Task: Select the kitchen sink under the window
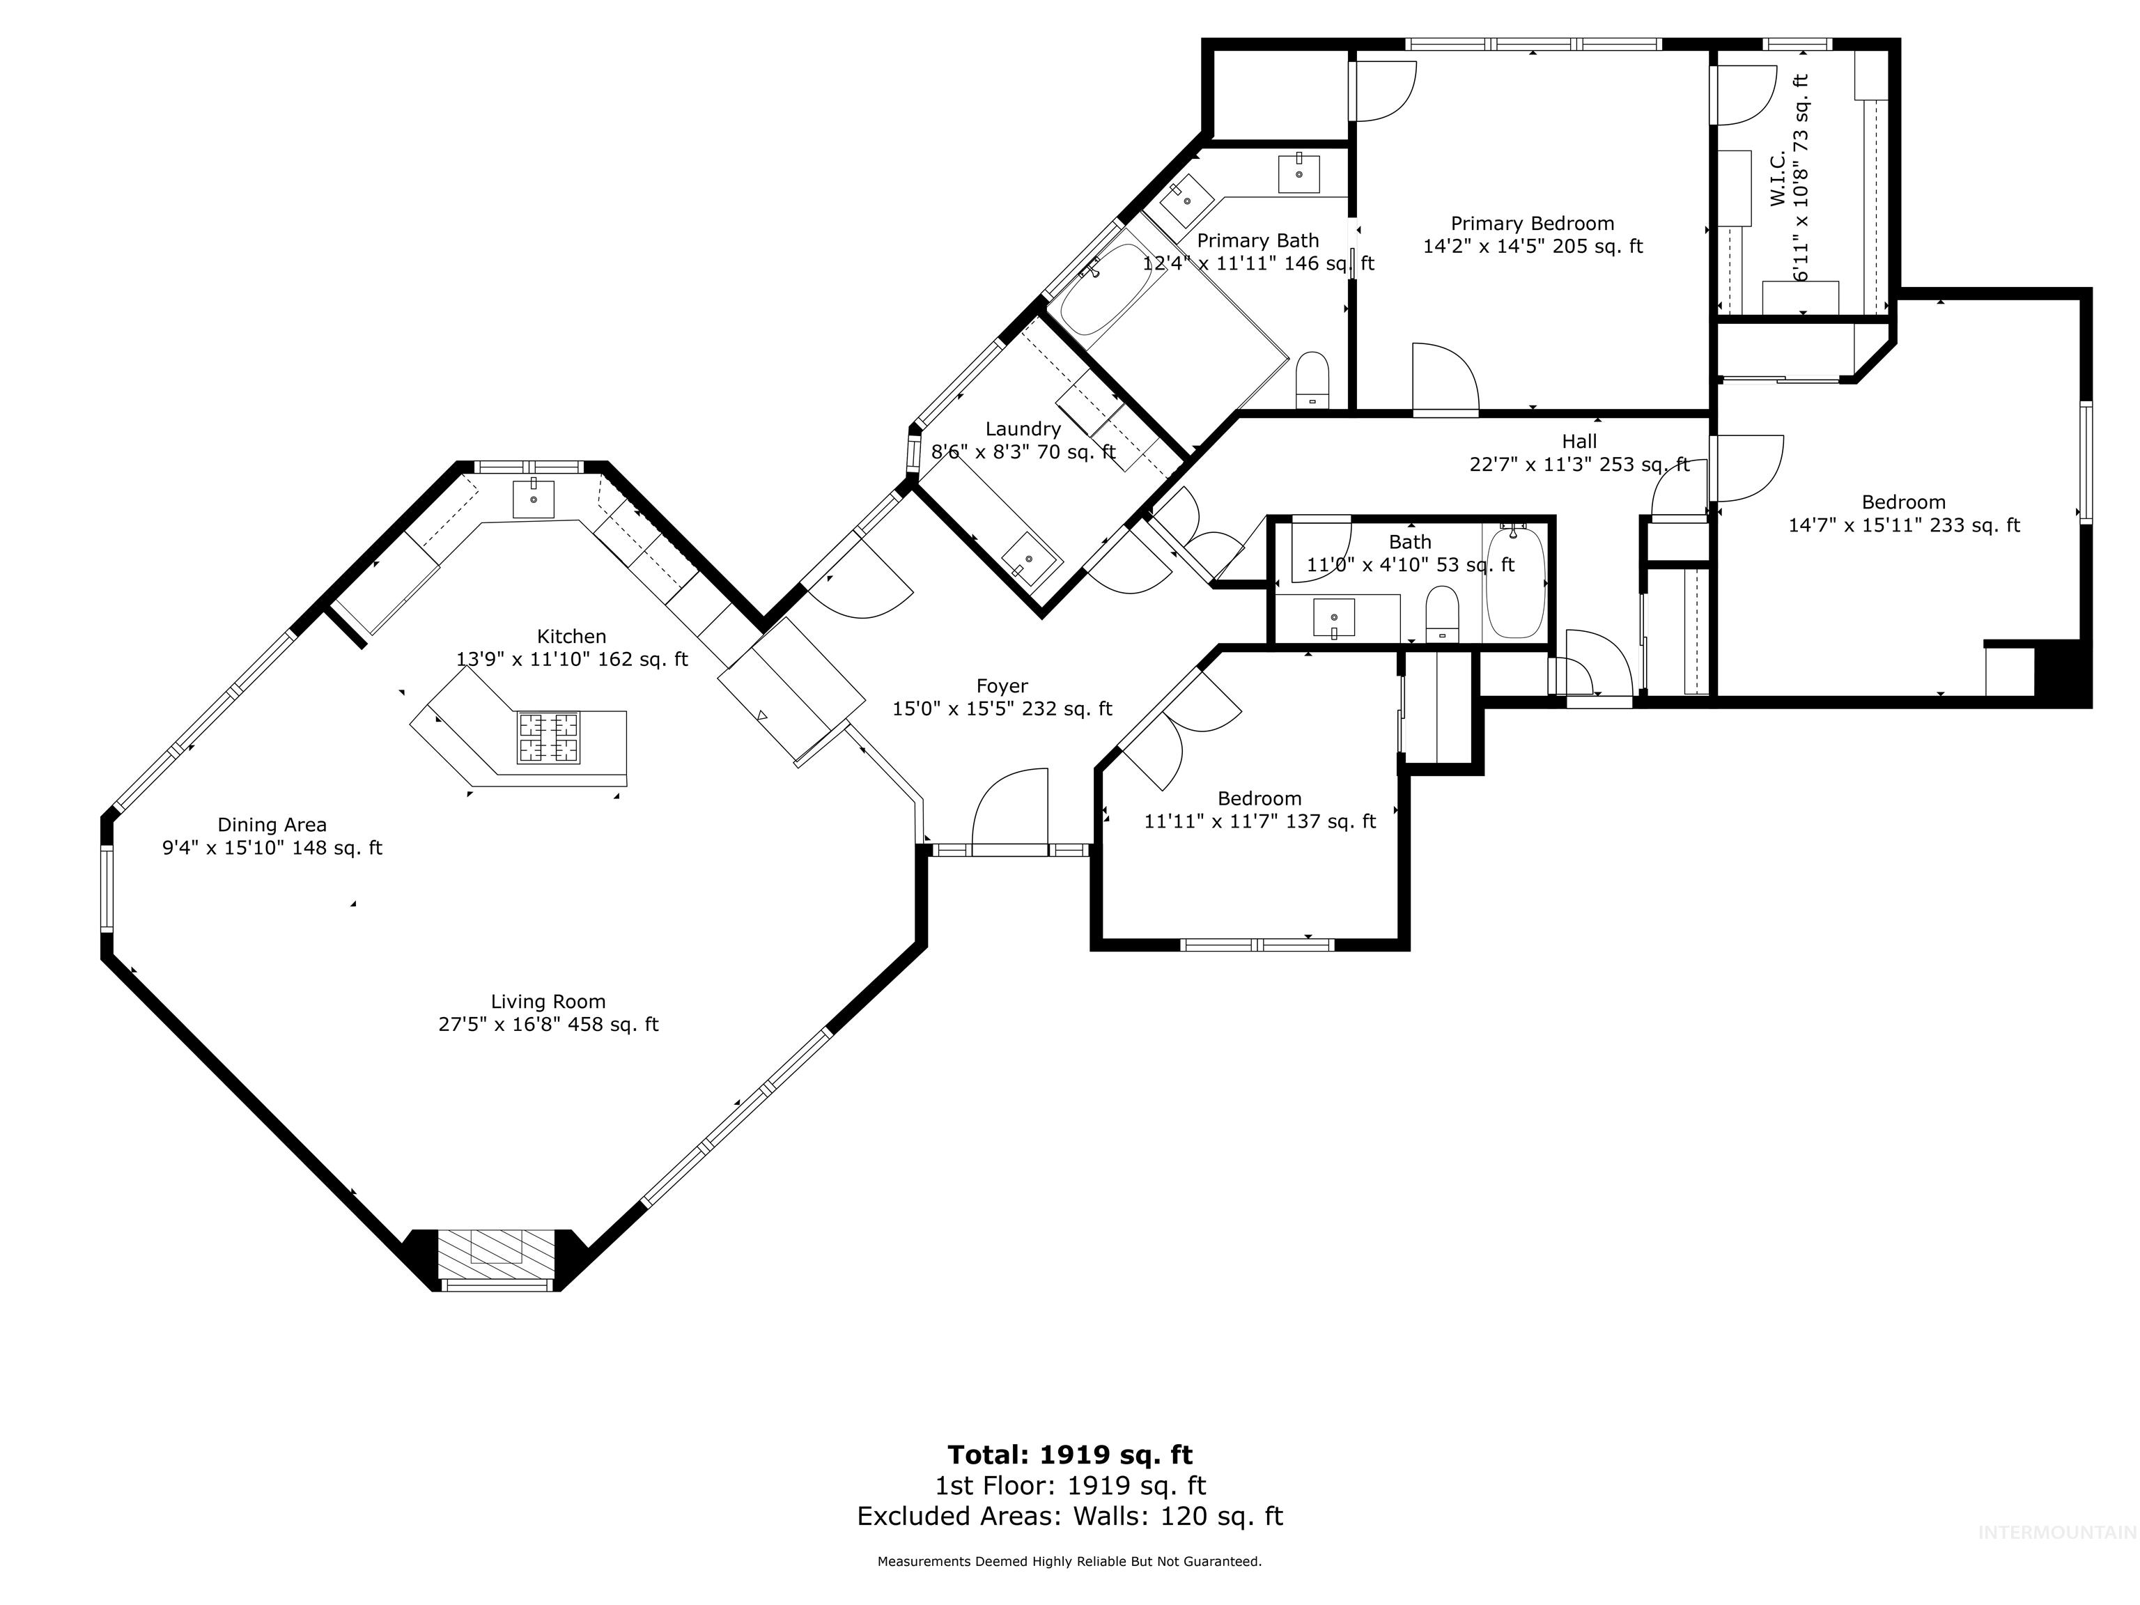533,498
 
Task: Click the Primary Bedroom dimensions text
1533,247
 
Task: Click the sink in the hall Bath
1334,617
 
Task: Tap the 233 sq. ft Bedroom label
1903,503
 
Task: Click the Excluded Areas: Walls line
1069,1516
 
